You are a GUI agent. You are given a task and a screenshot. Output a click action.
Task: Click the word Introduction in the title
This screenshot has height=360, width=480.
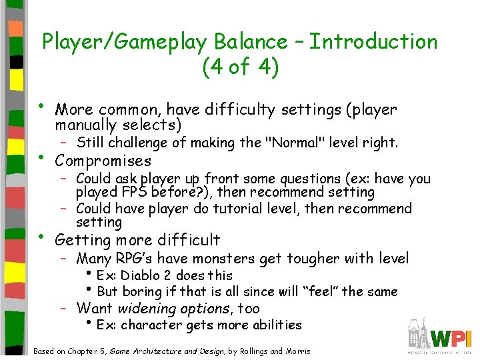click(x=373, y=41)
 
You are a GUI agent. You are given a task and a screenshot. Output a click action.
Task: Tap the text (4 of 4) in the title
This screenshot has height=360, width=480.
click(x=239, y=67)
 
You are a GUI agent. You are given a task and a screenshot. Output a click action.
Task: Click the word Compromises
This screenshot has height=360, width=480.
click(x=103, y=161)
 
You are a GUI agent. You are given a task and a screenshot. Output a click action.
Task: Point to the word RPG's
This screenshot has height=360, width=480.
click(x=138, y=258)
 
